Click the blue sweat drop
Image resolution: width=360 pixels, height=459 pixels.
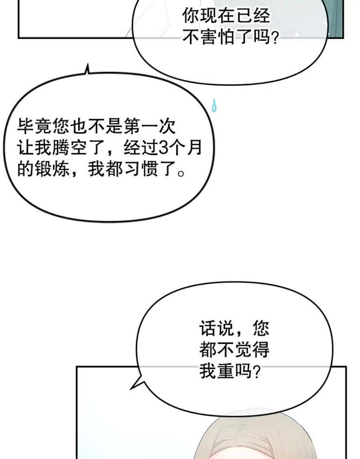(x=214, y=106)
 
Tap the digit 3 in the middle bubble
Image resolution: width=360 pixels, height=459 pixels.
(x=162, y=148)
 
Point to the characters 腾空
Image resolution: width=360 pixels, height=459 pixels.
(x=70, y=148)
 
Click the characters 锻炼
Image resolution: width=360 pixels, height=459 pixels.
(x=53, y=169)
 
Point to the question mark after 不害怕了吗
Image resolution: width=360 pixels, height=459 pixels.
(x=274, y=38)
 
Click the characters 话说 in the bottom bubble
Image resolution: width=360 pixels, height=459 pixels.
(x=216, y=328)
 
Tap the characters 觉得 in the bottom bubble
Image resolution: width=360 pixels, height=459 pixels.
(x=252, y=349)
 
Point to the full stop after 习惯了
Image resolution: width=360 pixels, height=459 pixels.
(x=181, y=173)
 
